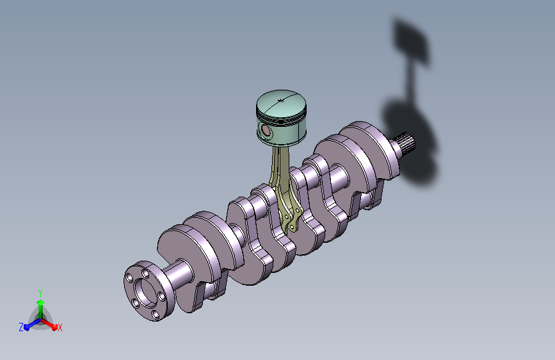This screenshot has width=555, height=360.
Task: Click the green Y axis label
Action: [40, 293]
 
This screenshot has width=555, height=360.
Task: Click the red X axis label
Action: [60, 327]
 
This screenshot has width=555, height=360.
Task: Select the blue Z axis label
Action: [21, 327]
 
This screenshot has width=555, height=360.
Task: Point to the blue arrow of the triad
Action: [32, 324]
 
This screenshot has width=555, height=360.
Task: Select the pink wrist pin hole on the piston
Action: [265, 131]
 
